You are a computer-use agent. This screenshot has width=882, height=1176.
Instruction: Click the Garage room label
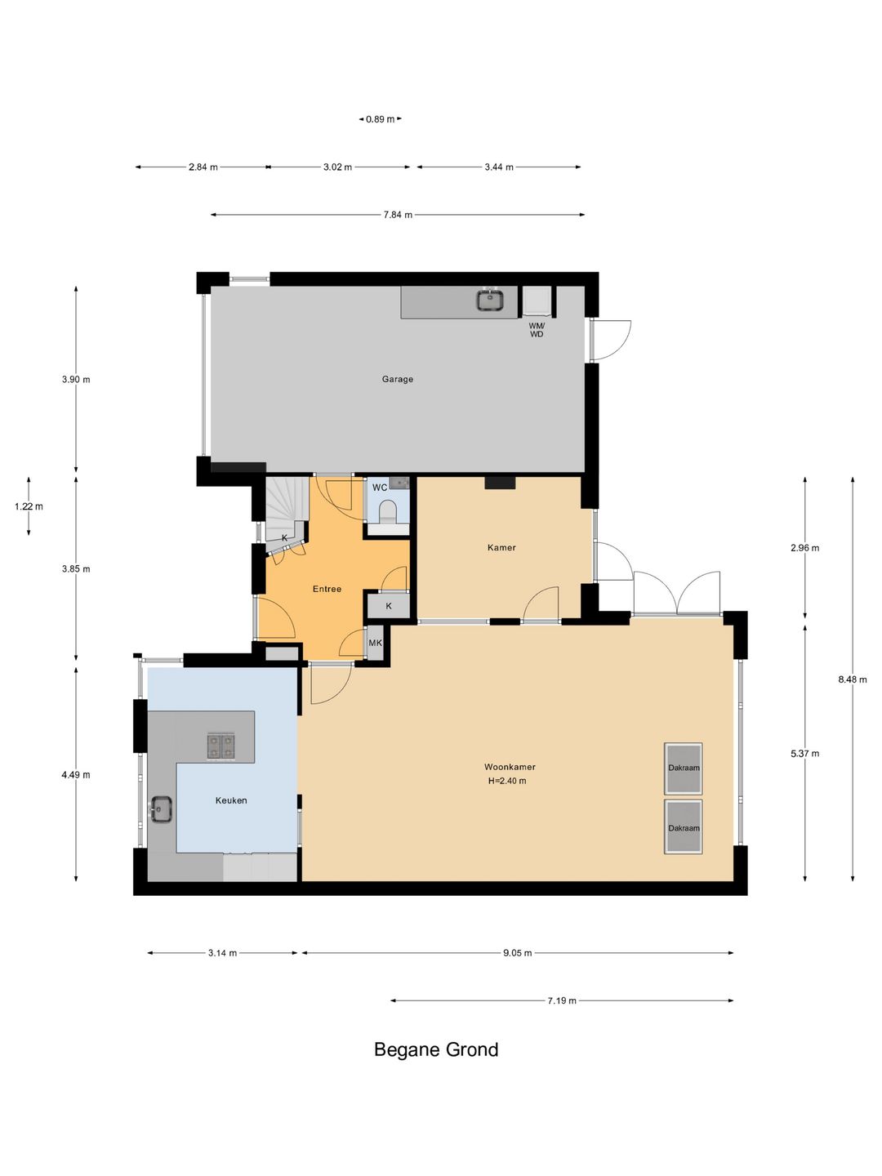[x=398, y=379]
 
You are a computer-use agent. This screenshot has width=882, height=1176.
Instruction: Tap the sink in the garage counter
[x=491, y=300]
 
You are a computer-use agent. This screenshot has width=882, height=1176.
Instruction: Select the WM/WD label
[x=537, y=329]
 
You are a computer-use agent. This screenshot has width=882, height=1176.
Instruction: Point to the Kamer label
[x=501, y=547]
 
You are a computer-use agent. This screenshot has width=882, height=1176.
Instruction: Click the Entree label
[x=327, y=589]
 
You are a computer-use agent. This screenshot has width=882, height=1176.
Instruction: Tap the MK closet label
[x=376, y=643]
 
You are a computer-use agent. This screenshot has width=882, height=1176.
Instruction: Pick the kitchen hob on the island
[x=220, y=746]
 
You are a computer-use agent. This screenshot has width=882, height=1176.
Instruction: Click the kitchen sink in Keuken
[x=161, y=808]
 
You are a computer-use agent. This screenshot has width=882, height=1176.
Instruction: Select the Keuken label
[x=231, y=800]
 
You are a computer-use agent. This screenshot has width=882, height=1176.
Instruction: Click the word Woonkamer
[x=510, y=767]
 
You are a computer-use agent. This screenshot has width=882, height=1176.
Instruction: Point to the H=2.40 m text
[x=507, y=781]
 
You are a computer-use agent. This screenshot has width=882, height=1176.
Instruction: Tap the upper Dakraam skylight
[x=684, y=768]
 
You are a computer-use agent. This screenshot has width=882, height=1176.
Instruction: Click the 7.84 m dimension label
[x=398, y=215]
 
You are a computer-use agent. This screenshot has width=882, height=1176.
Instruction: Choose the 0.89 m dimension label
[x=381, y=119]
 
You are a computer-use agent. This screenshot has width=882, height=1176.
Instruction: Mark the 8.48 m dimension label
[x=853, y=679]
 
